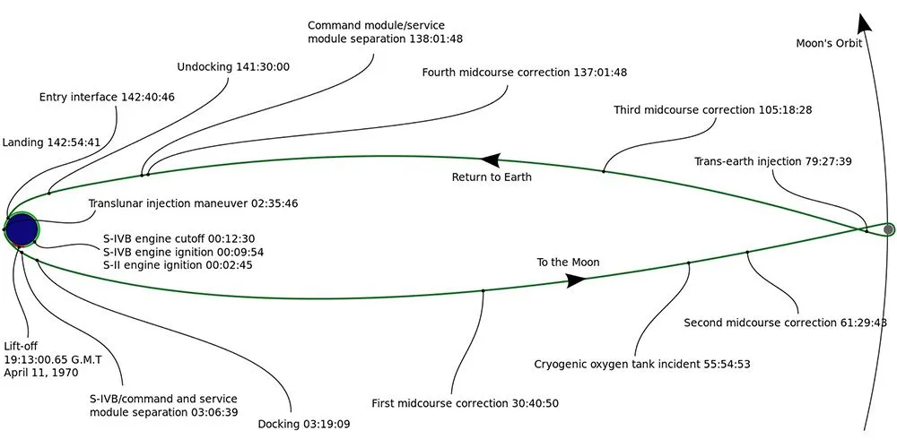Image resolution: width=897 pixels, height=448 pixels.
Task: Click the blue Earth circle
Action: click(22, 228)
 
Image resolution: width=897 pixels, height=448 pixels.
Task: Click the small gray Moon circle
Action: click(888, 229)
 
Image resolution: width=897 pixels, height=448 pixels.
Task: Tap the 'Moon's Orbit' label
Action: click(829, 43)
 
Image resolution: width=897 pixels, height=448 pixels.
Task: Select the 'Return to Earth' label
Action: click(492, 177)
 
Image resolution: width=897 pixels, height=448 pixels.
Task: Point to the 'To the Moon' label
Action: click(568, 263)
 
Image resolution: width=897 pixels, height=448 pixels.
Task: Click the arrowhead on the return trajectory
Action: click(490, 160)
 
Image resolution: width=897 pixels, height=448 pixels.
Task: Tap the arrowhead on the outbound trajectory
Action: click(574, 280)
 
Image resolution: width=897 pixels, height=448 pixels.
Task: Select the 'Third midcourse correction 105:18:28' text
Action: click(713, 110)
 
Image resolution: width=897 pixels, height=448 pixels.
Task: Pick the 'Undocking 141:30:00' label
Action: click(233, 67)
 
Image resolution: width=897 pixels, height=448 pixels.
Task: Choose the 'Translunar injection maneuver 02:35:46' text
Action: click(193, 203)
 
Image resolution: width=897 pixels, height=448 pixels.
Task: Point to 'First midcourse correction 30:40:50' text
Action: click(466, 403)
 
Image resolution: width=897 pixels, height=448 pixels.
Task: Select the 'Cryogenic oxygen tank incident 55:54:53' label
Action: click(642, 365)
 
